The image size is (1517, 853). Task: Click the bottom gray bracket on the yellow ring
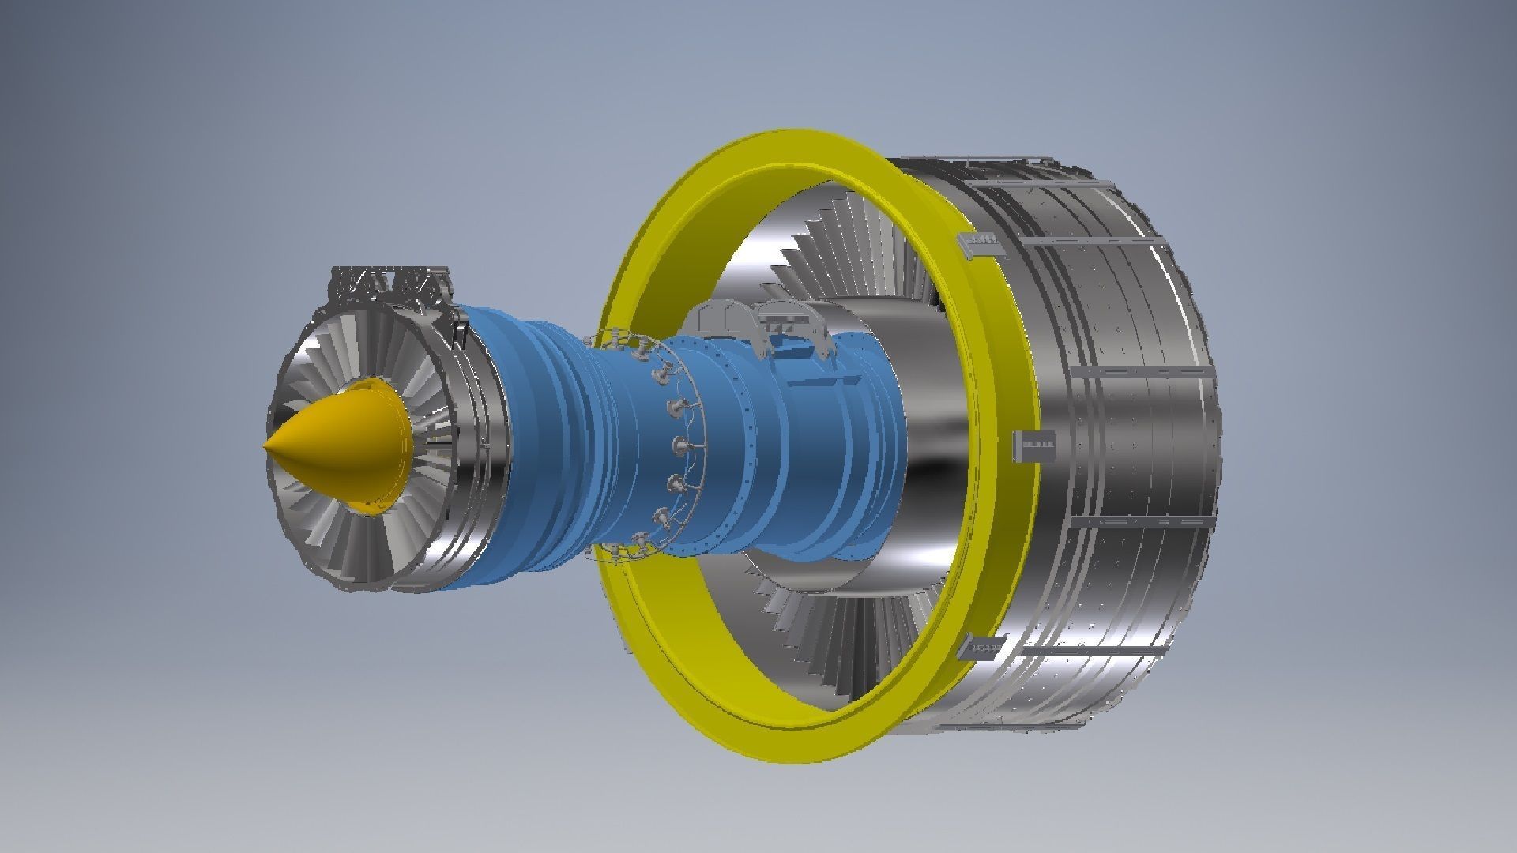click(981, 648)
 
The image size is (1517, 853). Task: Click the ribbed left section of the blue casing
click(545, 442)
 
